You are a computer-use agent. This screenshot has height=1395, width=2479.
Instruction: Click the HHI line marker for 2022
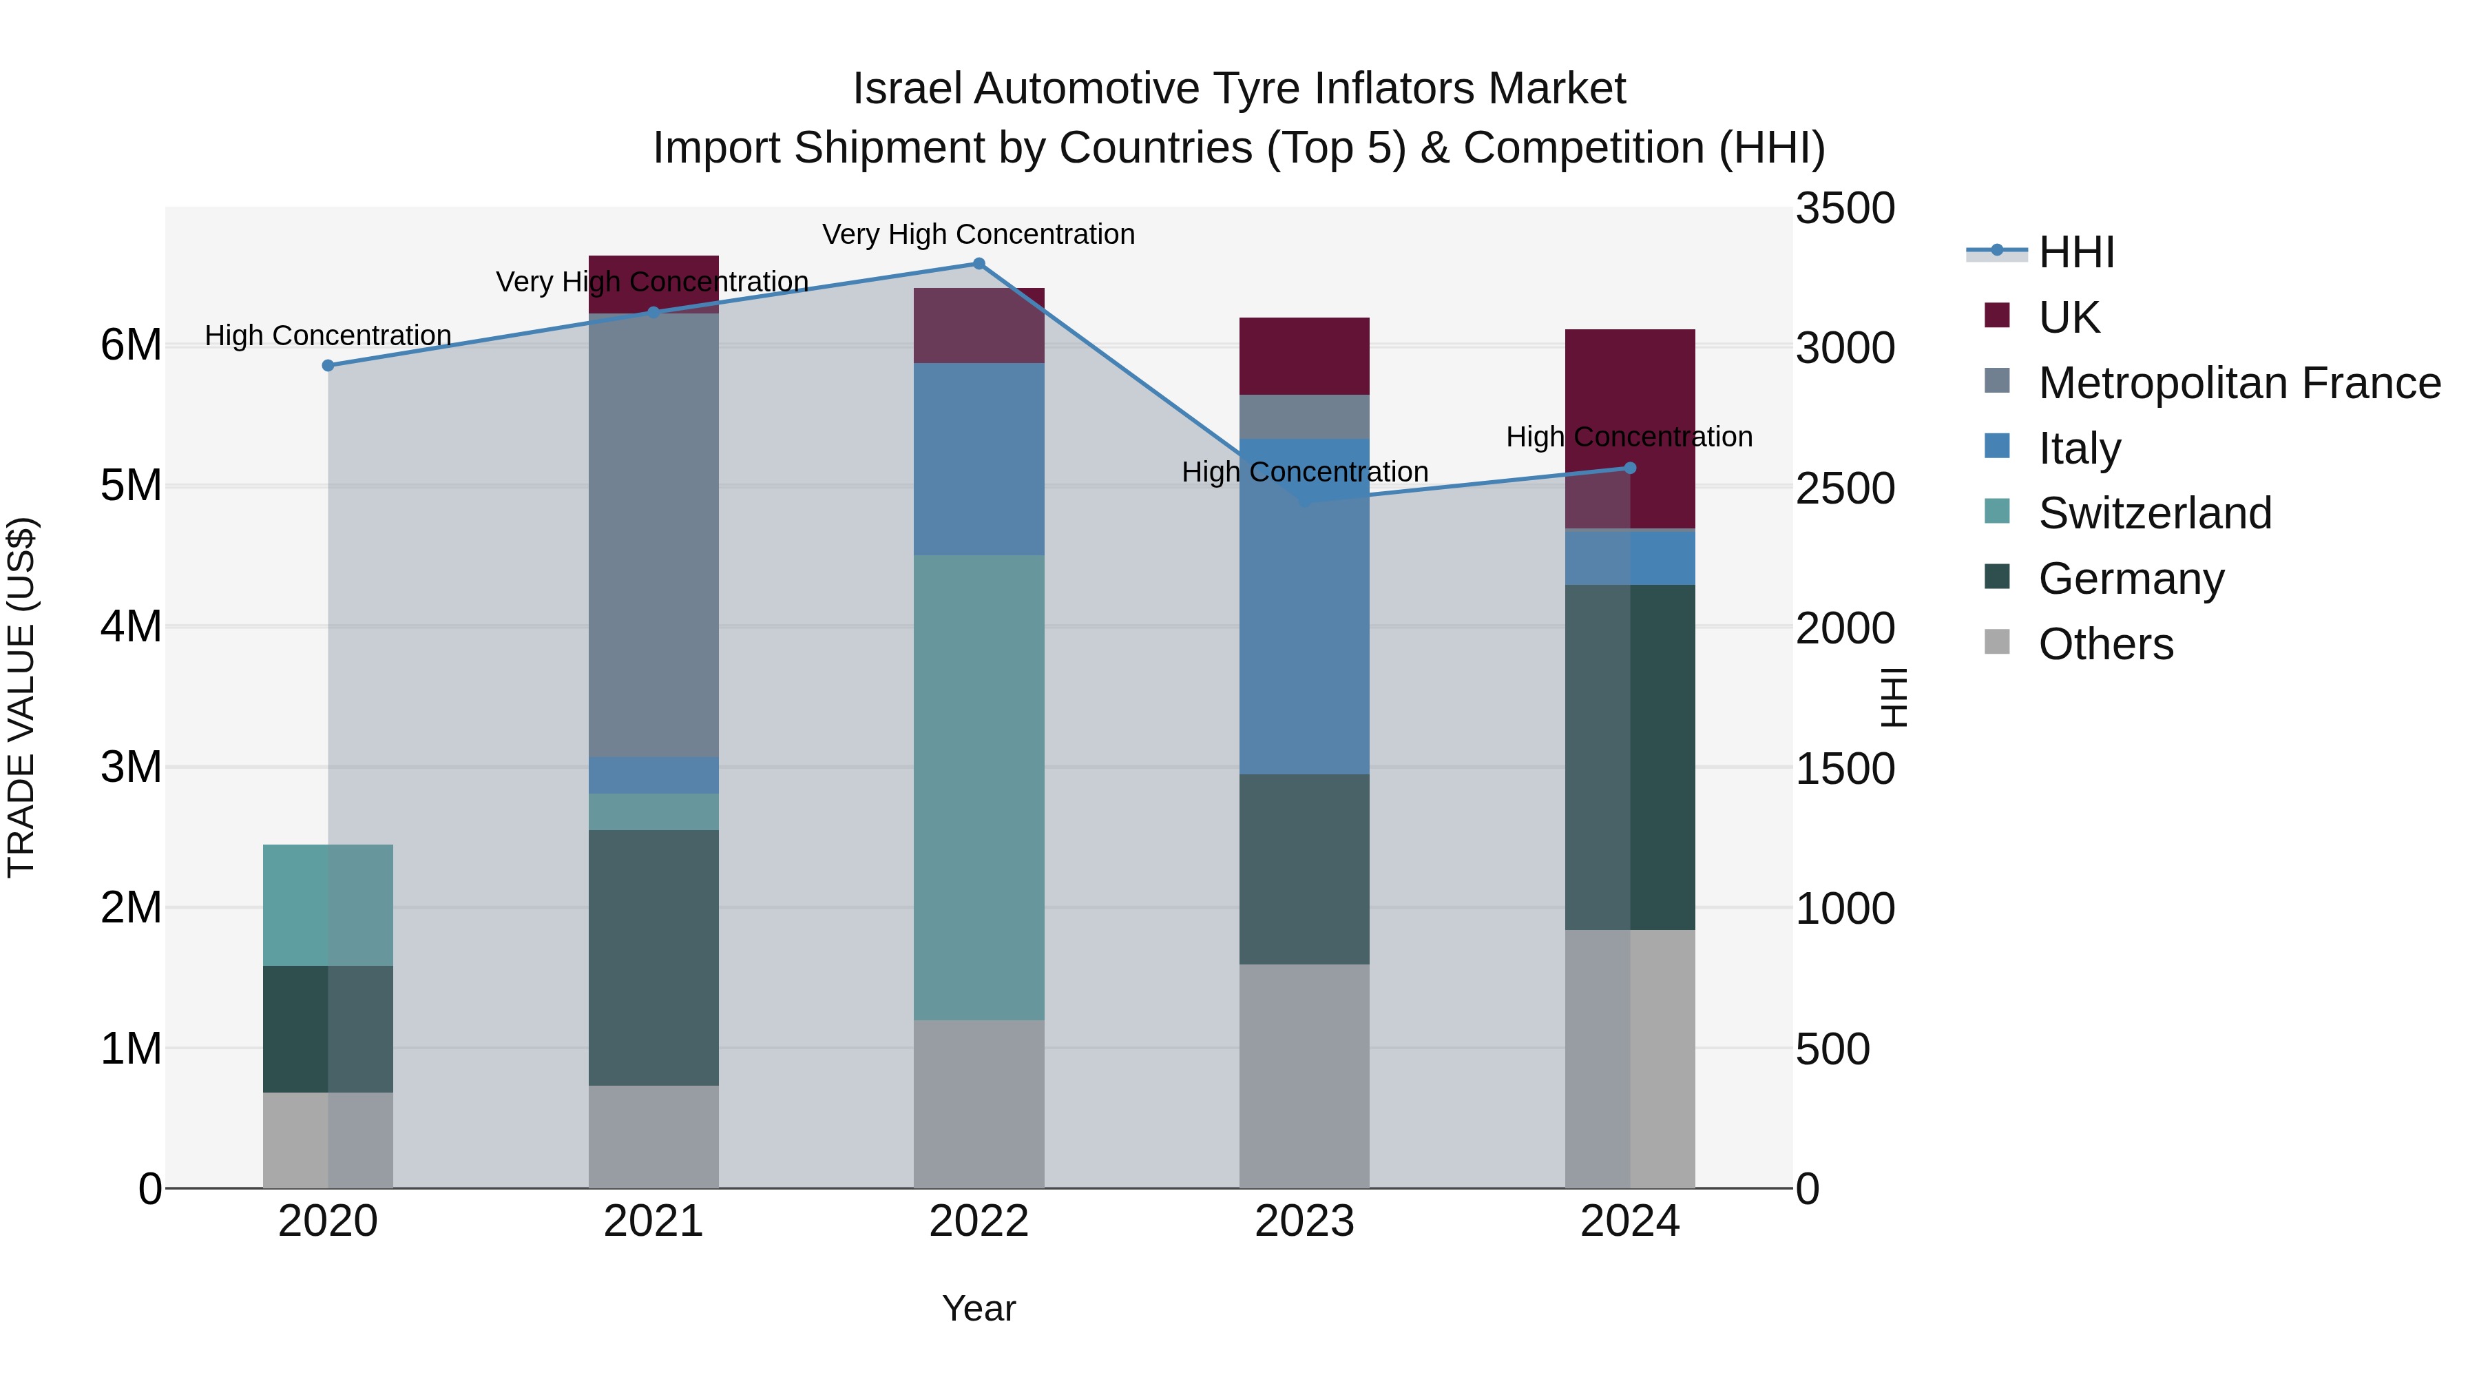click(979, 264)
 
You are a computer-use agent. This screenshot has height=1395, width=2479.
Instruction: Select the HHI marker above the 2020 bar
click(328, 366)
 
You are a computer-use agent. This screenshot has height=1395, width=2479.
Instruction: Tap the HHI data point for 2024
click(1629, 469)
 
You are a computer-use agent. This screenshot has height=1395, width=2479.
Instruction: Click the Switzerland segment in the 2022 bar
click(979, 787)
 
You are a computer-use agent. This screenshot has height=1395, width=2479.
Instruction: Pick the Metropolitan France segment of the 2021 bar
click(653, 535)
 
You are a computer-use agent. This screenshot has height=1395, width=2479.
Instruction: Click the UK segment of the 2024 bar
click(1629, 404)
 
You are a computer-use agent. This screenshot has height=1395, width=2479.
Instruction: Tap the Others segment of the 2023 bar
click(1304, 1076)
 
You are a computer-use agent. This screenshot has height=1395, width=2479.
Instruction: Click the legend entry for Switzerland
click(2154, 513)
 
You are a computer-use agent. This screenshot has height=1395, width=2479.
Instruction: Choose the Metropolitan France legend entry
click(2239, 383)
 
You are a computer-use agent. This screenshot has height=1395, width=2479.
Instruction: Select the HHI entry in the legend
click(2075, 252)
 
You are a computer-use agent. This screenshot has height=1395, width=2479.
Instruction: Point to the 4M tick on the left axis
click(132, 627)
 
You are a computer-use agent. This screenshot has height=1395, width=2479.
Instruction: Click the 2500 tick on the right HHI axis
click(1845, 488)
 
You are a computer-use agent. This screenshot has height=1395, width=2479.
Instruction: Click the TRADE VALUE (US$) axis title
click(22, 697)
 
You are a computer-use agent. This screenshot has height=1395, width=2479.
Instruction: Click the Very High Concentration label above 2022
click(979, 235)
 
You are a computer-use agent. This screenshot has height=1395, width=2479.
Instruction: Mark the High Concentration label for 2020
click(328, 336)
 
